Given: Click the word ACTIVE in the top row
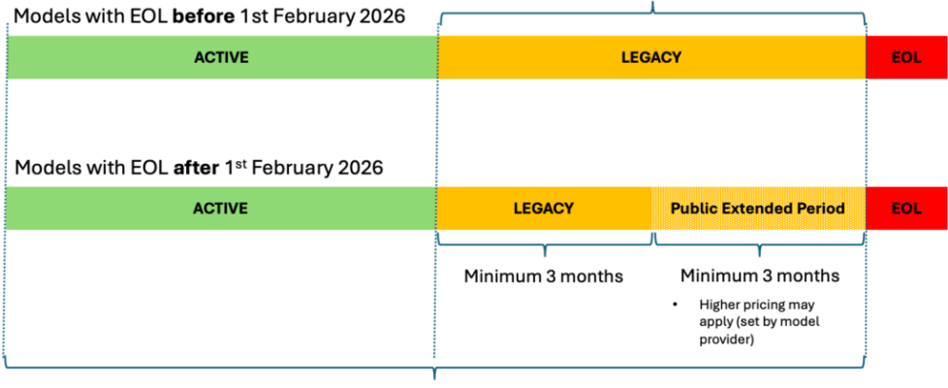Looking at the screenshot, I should (x=221, y=57).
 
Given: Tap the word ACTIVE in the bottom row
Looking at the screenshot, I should (x=220, y=209).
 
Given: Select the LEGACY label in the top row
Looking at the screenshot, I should (x=650, y=57).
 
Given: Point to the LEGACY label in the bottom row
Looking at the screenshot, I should (x=543, y=209).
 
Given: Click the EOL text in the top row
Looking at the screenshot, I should (x=905, y=57).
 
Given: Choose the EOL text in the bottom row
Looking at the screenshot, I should (x=905, y=209).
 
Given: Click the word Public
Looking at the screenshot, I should (x=692, y=209).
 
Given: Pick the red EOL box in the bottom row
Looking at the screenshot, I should (x=921, y=221).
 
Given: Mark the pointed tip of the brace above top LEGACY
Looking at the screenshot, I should (x=652, y=3).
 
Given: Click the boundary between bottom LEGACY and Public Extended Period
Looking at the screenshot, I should (x=652, y=209).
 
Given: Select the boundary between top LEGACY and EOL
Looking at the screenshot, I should (x=866, y=57).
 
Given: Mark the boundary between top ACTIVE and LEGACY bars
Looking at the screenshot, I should (x=437, y=57).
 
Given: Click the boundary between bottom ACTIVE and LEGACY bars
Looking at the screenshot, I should (x=436, y=209).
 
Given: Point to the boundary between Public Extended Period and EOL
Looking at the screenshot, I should (x=866, y=209).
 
